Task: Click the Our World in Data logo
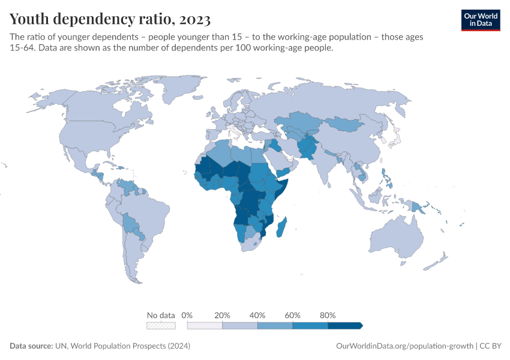tap(480, 19)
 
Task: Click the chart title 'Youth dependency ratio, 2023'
tap(110, 19)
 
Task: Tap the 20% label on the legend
tap(222, 315)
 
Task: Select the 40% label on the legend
tap(257, 315)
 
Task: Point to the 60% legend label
tap(292, 315)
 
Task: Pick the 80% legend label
tap(328, 315)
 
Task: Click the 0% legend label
tap(187, 315)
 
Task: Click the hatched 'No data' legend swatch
tap(161, 326)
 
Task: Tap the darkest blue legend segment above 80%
tap(345, 326)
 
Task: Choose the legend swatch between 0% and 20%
tap(205, 326)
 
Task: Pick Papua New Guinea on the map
tap(417, 206)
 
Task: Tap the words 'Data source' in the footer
tap(31, 346)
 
